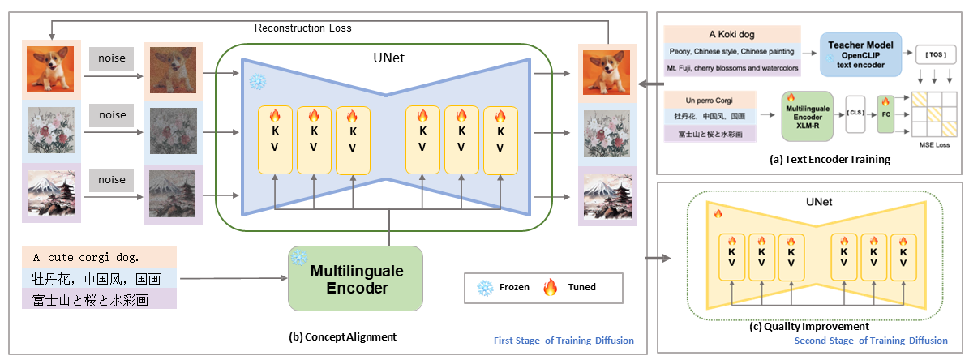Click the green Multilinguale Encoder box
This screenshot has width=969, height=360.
point(355,278)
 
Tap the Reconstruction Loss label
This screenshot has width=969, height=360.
point(303,28)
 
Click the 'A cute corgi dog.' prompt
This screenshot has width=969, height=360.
point(86,257)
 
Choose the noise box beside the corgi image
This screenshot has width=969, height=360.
point(112,58)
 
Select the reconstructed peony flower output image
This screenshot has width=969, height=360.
point(607,130)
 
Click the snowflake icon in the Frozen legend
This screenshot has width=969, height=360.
point(486,286)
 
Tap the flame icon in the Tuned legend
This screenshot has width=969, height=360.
point(551,286)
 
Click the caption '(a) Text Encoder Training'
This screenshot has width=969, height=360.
point(828,161)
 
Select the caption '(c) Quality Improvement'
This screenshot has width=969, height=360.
point(808,327)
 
